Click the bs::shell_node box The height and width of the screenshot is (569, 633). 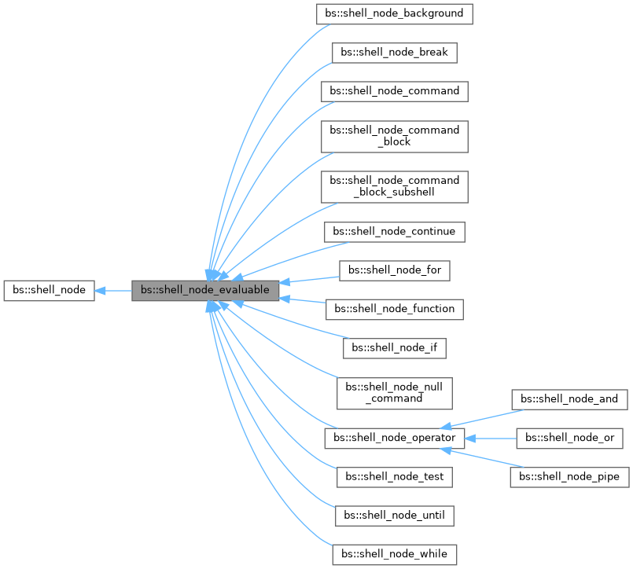(x=50, y=290)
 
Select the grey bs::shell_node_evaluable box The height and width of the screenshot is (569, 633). (x=205, y=290)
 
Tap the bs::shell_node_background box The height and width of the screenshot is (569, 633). (x=394, y=14)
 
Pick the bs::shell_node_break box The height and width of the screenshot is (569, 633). (x=394, y=53)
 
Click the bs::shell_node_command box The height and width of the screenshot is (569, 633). (x=394, y=90)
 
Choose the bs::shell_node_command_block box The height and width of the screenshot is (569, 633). (x=394, y=135)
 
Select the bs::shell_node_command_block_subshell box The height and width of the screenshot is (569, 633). (x=394, y=186)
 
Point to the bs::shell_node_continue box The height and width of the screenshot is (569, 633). (x=394, y=232)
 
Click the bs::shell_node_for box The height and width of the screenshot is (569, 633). (x=394, y=270)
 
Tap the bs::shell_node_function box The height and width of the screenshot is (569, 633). (x=394, y=309)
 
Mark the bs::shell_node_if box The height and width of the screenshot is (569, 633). (x=394, y=347)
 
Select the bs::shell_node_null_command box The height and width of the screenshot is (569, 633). (x=394, y=392)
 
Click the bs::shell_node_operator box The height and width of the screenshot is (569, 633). (x=394, y=437)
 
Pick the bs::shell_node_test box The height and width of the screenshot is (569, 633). (x=394, y=476)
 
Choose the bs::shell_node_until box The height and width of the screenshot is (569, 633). (x=394, y=515)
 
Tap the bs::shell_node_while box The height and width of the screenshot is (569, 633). (x=394, y=553)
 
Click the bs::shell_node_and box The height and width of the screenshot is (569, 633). (x=569, y=399)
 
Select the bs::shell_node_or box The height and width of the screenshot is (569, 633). (x=569, y=437)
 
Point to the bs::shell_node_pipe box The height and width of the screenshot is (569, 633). (x=569, y=476)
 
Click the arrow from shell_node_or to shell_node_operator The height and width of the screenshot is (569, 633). (x=495, y=437)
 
